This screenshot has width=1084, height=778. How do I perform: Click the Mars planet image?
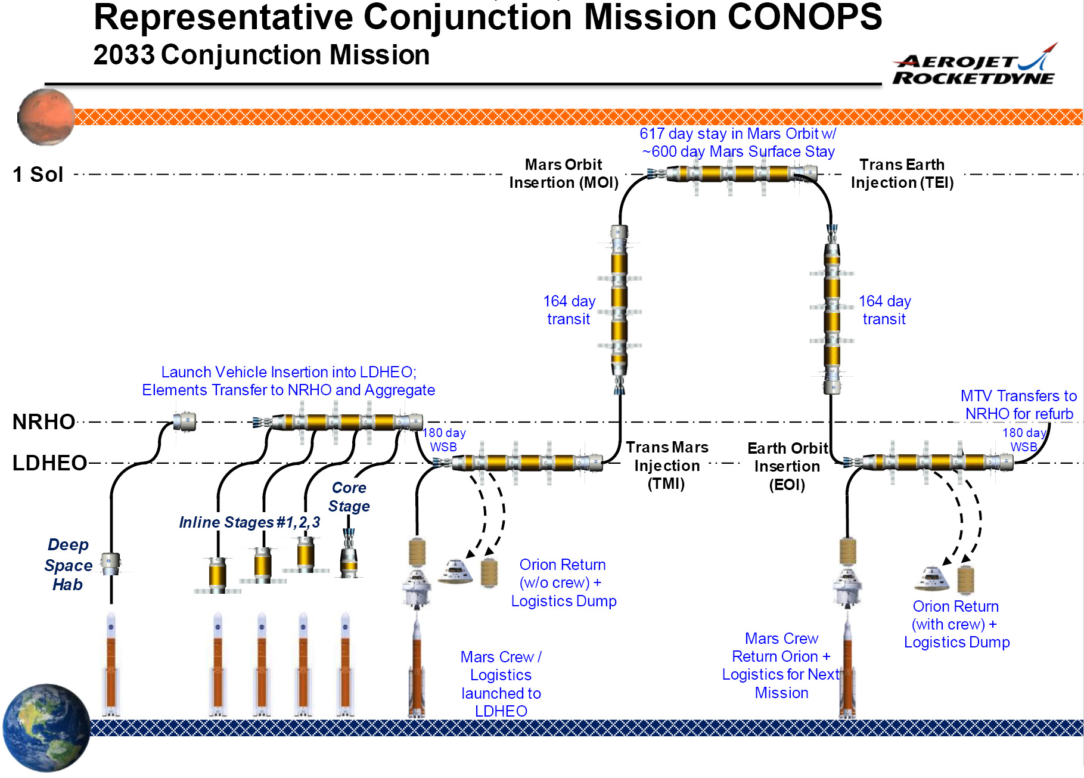(46, 117)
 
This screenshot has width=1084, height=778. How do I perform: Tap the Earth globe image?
(46, 728)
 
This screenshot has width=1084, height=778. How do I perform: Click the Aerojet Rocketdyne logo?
(974, 64)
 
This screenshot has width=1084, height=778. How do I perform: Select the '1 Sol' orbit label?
(38, 175)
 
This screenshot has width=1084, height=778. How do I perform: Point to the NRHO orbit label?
(44, 421)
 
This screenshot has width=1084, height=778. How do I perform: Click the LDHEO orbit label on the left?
(49, 463)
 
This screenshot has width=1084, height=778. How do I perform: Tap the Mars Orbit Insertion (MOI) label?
(564, 173)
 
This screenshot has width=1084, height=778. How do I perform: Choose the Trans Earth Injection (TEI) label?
(902, 173)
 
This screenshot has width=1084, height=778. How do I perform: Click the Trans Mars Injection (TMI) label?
(667, 465)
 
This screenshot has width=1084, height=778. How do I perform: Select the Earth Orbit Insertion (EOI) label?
(788, 466)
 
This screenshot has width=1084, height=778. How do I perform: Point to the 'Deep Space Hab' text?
(68, 565)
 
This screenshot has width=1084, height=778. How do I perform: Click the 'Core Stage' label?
(349, 497)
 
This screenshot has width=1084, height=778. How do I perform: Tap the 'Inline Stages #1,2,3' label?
(250, 522)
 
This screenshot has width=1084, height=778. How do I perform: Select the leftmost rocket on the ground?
(111, 664)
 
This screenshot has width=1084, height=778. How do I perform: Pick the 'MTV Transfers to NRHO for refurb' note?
(1019, 405)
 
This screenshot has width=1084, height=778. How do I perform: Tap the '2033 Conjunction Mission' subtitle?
(262, 55)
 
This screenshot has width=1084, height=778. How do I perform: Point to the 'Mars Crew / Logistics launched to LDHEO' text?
(501, 684)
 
